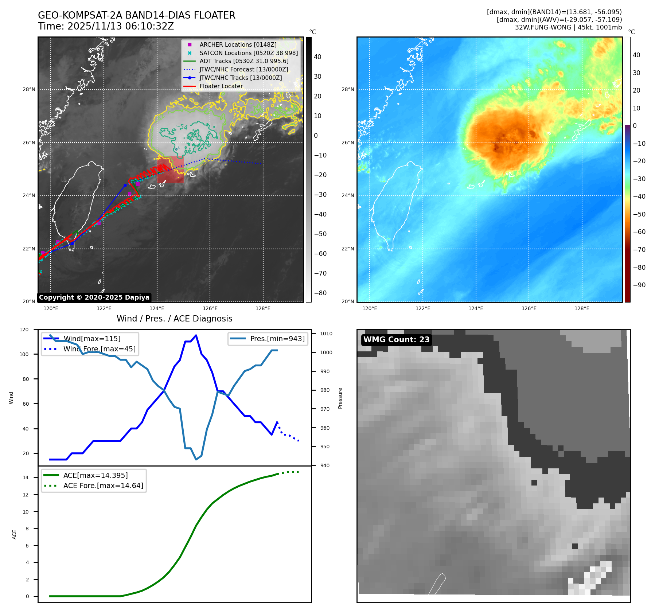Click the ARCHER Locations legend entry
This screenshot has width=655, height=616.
click(x=238, y=44)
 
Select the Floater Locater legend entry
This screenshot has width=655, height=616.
click(x=221, y=86)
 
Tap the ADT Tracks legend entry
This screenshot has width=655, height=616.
click(x=243, y=61)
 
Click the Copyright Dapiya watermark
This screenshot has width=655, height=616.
click(x=94, y=297)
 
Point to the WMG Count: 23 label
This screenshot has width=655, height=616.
click(x=396, y=340)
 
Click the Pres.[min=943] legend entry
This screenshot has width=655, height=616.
click(x=277, y=339)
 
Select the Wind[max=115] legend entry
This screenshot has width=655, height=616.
click(x=92, y=339)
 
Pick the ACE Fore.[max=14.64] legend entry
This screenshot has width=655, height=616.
click(x=103, y=486)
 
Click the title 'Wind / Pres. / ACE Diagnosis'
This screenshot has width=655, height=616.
click(x=174, y=319)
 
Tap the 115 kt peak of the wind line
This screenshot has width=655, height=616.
click(x=196, y=335)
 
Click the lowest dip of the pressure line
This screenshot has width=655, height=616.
click(x=196, y=459)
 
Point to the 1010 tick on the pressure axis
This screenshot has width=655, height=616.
click(x=326, y=334)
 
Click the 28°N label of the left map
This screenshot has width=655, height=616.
click(x=29, y=89)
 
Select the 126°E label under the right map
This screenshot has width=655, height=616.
click(x=529, y=308)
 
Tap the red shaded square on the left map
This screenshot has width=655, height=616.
click(x=170, y=170)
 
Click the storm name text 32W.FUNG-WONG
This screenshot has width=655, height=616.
click(x=543, y=27)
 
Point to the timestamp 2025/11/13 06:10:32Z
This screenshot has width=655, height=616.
click(x=121, y=26)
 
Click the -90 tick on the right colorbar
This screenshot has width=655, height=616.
click(x=639, y=285)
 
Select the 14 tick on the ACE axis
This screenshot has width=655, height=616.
click(x=26, y=477)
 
